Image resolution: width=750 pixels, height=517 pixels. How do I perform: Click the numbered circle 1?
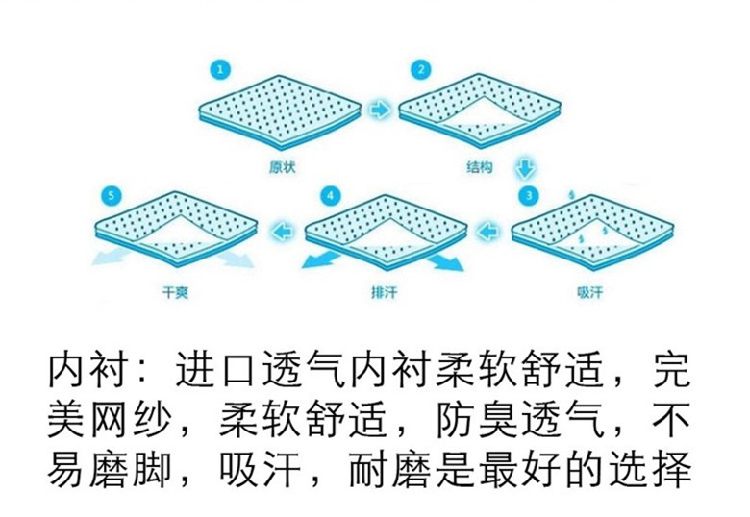tap(220, 70)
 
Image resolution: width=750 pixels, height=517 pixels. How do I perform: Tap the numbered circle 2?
tap(421, 70)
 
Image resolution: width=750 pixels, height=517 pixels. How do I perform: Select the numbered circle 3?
tap(529, 195)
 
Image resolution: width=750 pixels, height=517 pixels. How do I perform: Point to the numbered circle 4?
tap(330, 195)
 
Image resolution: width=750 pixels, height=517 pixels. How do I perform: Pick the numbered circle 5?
tap(112, 195)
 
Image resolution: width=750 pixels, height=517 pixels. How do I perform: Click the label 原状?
tap(282, 167)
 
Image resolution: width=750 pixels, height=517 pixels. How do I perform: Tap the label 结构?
tap(479, 167)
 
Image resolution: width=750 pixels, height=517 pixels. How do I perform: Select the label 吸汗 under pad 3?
tap(589, 292)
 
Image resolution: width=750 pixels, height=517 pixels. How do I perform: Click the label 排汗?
tap(384, 292)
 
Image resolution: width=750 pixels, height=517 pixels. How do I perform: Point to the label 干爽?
tap(176, 292)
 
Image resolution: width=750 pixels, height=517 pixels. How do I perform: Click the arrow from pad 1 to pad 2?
tap(380, 111)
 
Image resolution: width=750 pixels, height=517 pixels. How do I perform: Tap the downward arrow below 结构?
tap(525, 167)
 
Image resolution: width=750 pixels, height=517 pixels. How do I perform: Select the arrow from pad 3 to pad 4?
tap(487, 233)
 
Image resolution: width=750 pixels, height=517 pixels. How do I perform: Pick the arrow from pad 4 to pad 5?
tap(282, 233)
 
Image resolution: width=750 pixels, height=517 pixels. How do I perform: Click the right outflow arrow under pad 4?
tap(446, 262)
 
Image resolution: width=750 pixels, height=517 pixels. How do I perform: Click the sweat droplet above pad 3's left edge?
tap(571, 195)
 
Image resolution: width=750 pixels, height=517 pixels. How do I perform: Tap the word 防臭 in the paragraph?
tap(477, 420)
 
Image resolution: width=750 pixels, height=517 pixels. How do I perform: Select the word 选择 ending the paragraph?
tap(651, 469)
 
